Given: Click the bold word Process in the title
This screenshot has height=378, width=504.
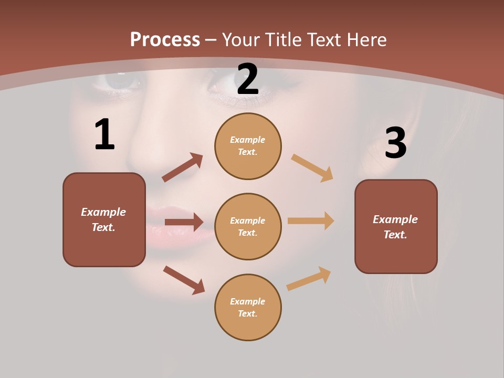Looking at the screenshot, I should point(165,39).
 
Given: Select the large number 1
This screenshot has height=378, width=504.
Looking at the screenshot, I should point(104,134).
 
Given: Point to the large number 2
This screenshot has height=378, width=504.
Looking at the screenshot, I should point(248,79).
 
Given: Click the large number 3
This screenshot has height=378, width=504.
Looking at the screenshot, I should point(395,143).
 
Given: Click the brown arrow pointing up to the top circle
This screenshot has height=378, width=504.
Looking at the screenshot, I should point(183,167).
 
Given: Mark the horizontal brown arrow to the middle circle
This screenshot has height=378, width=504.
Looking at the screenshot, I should point(184,222).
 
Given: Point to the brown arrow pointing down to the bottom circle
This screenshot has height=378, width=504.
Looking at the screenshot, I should point(184,279).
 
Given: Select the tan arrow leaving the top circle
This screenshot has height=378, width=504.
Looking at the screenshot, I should point(312,167).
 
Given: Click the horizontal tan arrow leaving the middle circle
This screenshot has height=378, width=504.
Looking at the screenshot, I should point(311,220).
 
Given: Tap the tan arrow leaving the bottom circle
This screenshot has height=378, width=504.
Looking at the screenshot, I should point(309,278).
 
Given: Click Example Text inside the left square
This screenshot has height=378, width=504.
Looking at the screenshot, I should point(103,219).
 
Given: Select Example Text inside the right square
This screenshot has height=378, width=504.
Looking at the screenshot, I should point(395,227).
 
